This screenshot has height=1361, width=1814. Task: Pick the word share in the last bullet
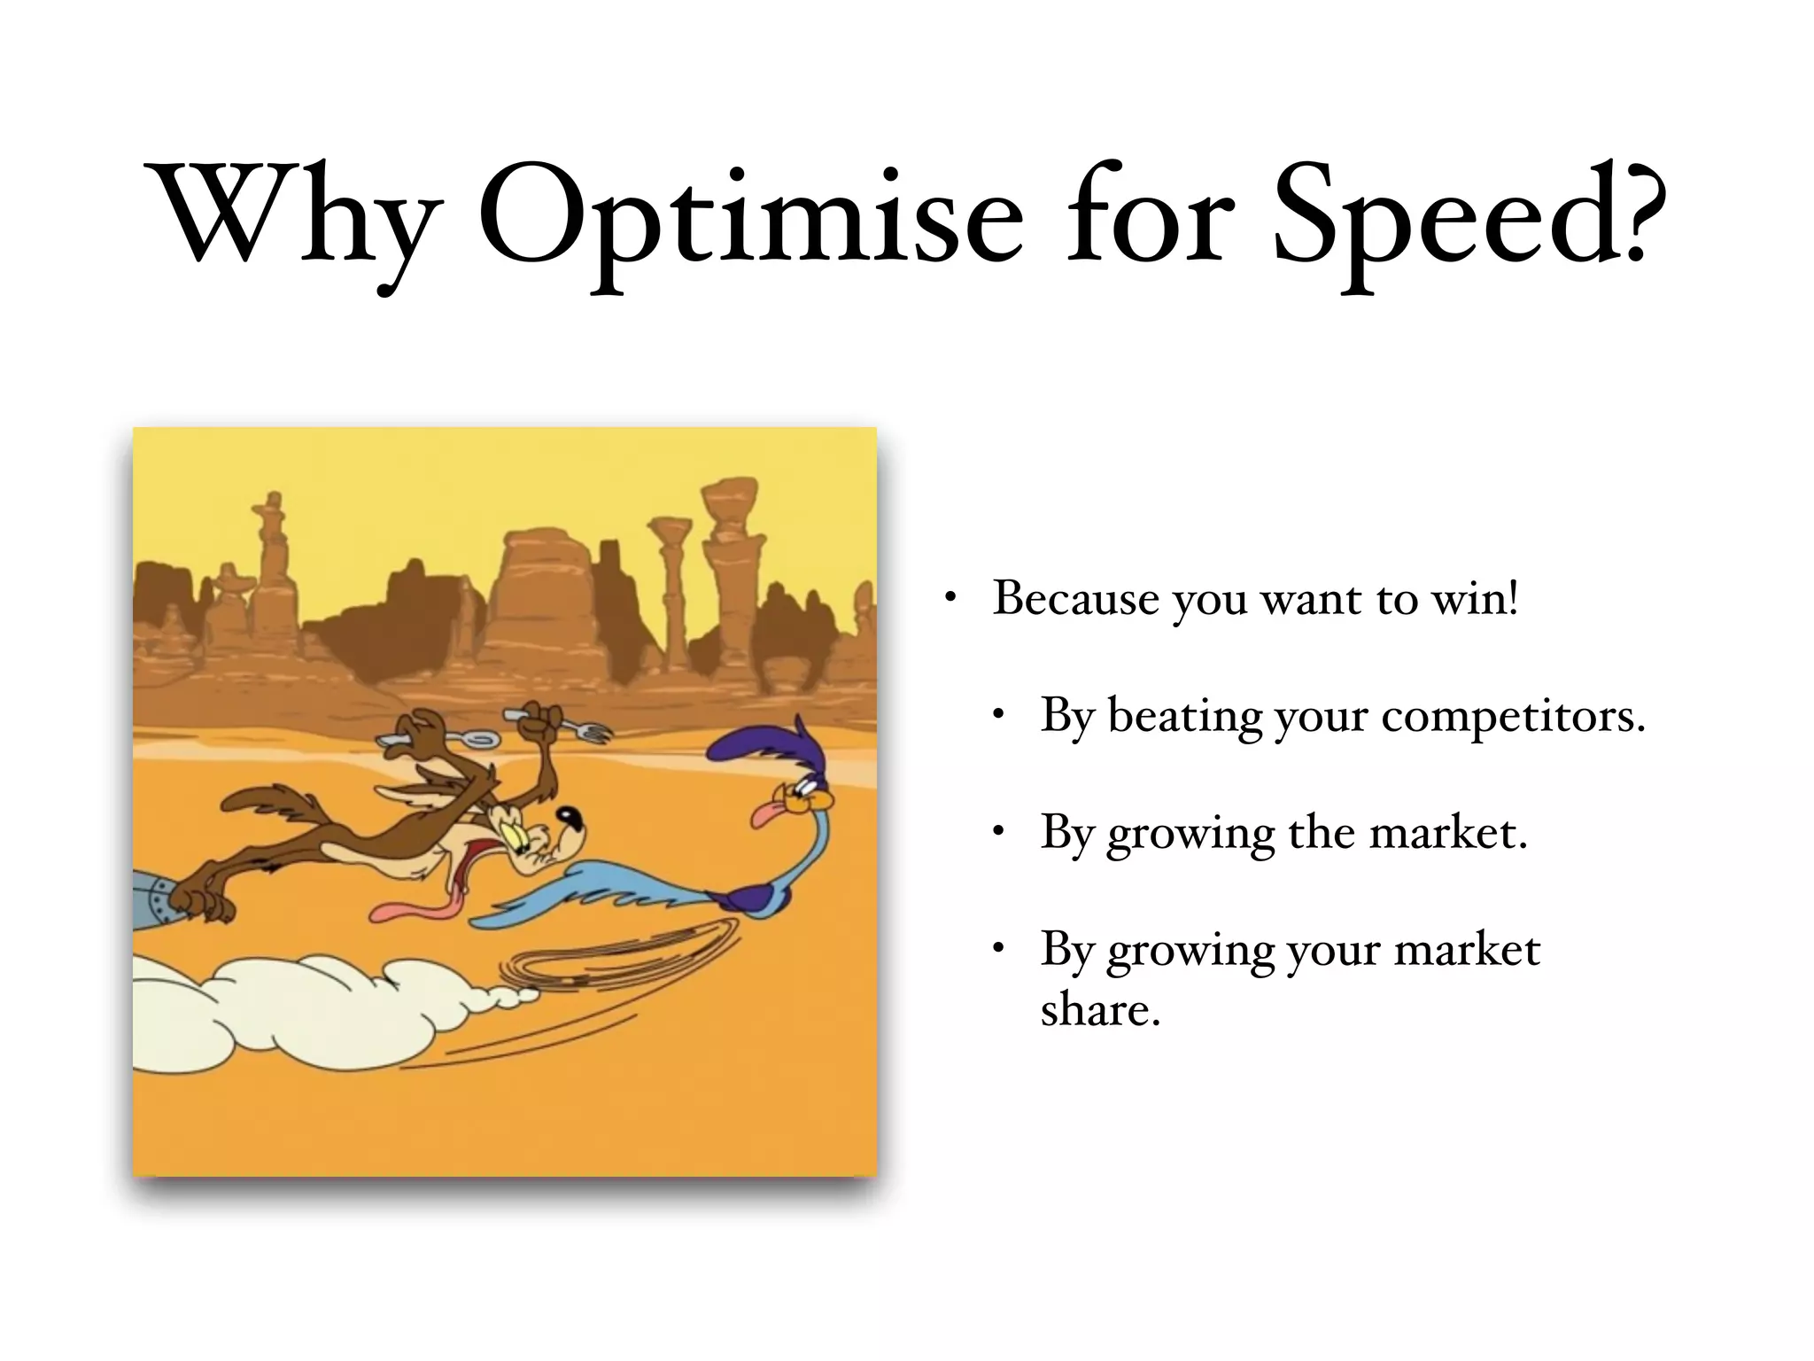pos(1099,1009)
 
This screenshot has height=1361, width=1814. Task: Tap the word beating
pos(1185,716)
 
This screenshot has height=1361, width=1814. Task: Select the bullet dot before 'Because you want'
pos(950,598)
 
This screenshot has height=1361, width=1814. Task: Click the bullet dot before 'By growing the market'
pos(999,832)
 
